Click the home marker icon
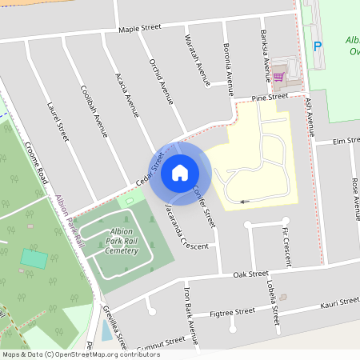tap(180, 173)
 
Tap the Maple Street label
tap(140, 28)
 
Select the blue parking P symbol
tap(318, 46)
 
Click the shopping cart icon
tap(278, 78)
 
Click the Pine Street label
tap(269, 97)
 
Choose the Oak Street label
tap(250, 274)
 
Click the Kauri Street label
tap(340, 303)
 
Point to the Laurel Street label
tap(58, 122)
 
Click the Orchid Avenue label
tap(162, 81)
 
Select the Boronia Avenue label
tap(228, 69)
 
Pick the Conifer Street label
tap(205, 206)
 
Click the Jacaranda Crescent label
tap(185, 227)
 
